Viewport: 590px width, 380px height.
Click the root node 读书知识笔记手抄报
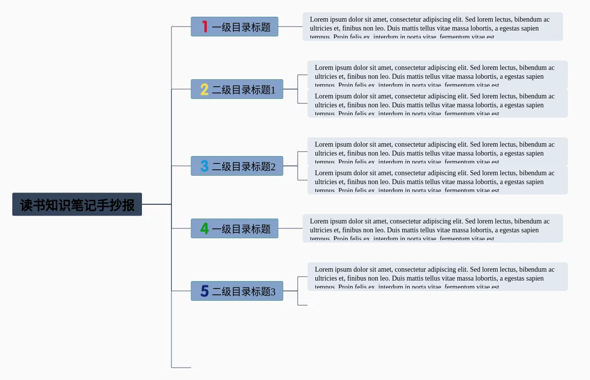[x=77, y=204]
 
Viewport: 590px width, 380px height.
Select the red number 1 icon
[x=205, y=27]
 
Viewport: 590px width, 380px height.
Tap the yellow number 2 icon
[x=204, y=89]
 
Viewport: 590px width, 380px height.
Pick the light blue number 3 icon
[x=204, y=166]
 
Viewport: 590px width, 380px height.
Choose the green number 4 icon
[x=204, y=228]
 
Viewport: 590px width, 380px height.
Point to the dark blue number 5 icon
[x=204, y=291]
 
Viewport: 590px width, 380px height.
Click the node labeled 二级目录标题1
[x=244, y=90]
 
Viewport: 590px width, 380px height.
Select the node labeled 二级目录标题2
[x=244, y=166]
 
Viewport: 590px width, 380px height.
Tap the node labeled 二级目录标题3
[x=244, y=291]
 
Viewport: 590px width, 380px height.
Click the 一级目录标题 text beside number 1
[x=241, y=27]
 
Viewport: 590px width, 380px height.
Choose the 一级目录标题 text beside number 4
[x=241, y=229]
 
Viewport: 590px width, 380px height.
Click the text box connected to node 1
[x=432, y=27]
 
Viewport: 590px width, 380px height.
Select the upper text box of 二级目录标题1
[x=437, y=75]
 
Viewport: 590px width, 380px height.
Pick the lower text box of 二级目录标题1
[x=437, y=103]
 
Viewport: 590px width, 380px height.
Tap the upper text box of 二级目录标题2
[x=437, y=152]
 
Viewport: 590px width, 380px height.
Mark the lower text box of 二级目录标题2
[x=437, y=180]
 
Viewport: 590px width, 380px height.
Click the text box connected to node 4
[x=432, y=228]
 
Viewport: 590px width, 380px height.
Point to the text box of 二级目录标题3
[x=437, y=277]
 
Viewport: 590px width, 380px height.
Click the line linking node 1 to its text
[x=290, y=27]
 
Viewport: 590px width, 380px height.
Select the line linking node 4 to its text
[x=290, y=228]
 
